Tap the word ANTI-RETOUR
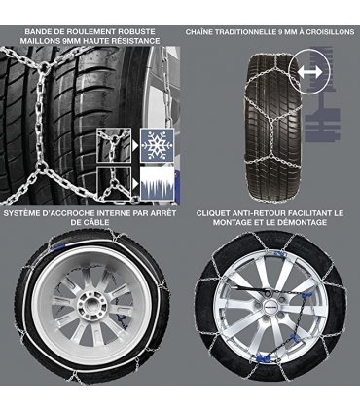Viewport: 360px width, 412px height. pos(268,212)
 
